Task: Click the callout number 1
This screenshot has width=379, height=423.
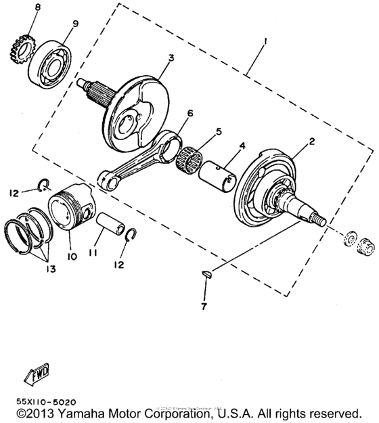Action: [x=266, y=42]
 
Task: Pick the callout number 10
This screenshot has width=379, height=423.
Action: [x=72, y=257]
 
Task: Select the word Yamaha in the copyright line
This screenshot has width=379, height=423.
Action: [x=79, y=412]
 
